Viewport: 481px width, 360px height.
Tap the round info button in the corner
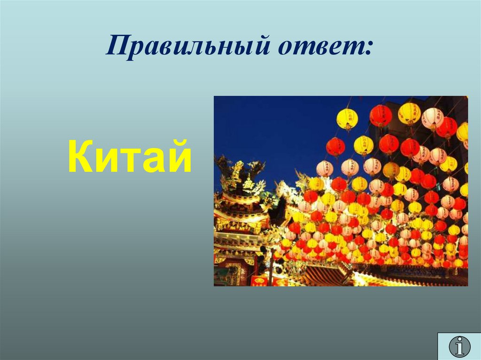459,346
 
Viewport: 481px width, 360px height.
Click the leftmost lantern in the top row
347,118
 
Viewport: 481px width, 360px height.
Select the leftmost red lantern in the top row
381,115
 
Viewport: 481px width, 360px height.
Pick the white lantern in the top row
432,117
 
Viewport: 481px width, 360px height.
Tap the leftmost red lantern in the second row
335,146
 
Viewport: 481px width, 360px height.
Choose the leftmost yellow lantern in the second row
364,145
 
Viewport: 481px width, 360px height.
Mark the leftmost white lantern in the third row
325,168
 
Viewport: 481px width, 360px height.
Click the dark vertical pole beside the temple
271,268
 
